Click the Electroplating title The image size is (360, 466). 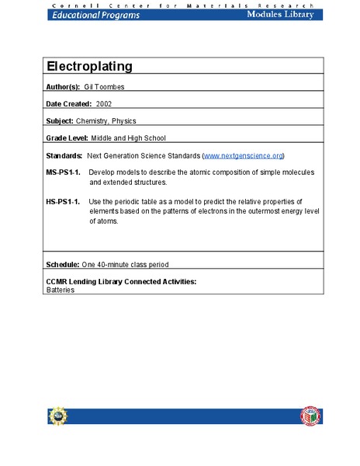[89, 66]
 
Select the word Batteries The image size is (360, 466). [61, 289]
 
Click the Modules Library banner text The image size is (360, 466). [281, 15]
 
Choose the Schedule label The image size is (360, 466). [64, 265]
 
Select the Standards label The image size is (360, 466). [65, 156]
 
